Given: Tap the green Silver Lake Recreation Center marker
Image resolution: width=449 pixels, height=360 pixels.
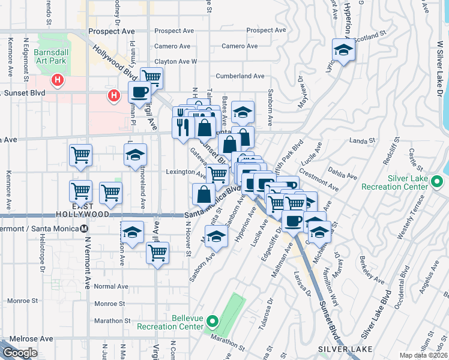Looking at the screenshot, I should pyautogui.click(x=438, y=181).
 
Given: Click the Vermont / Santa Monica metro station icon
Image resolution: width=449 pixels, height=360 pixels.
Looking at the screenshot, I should pyautogui.click(x=84, y=228).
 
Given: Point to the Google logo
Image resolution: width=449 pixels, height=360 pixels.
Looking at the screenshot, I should pyautogui.click(x=19, y=353).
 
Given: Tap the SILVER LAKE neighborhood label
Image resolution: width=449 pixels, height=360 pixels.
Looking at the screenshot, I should pyautogui.click(x=345, y=349).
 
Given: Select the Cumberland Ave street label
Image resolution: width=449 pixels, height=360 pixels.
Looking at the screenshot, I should pyautogui.click(x=240, y=76).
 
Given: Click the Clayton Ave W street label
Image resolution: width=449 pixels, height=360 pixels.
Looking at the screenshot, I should pyautogui.click(x=176, y=61).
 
